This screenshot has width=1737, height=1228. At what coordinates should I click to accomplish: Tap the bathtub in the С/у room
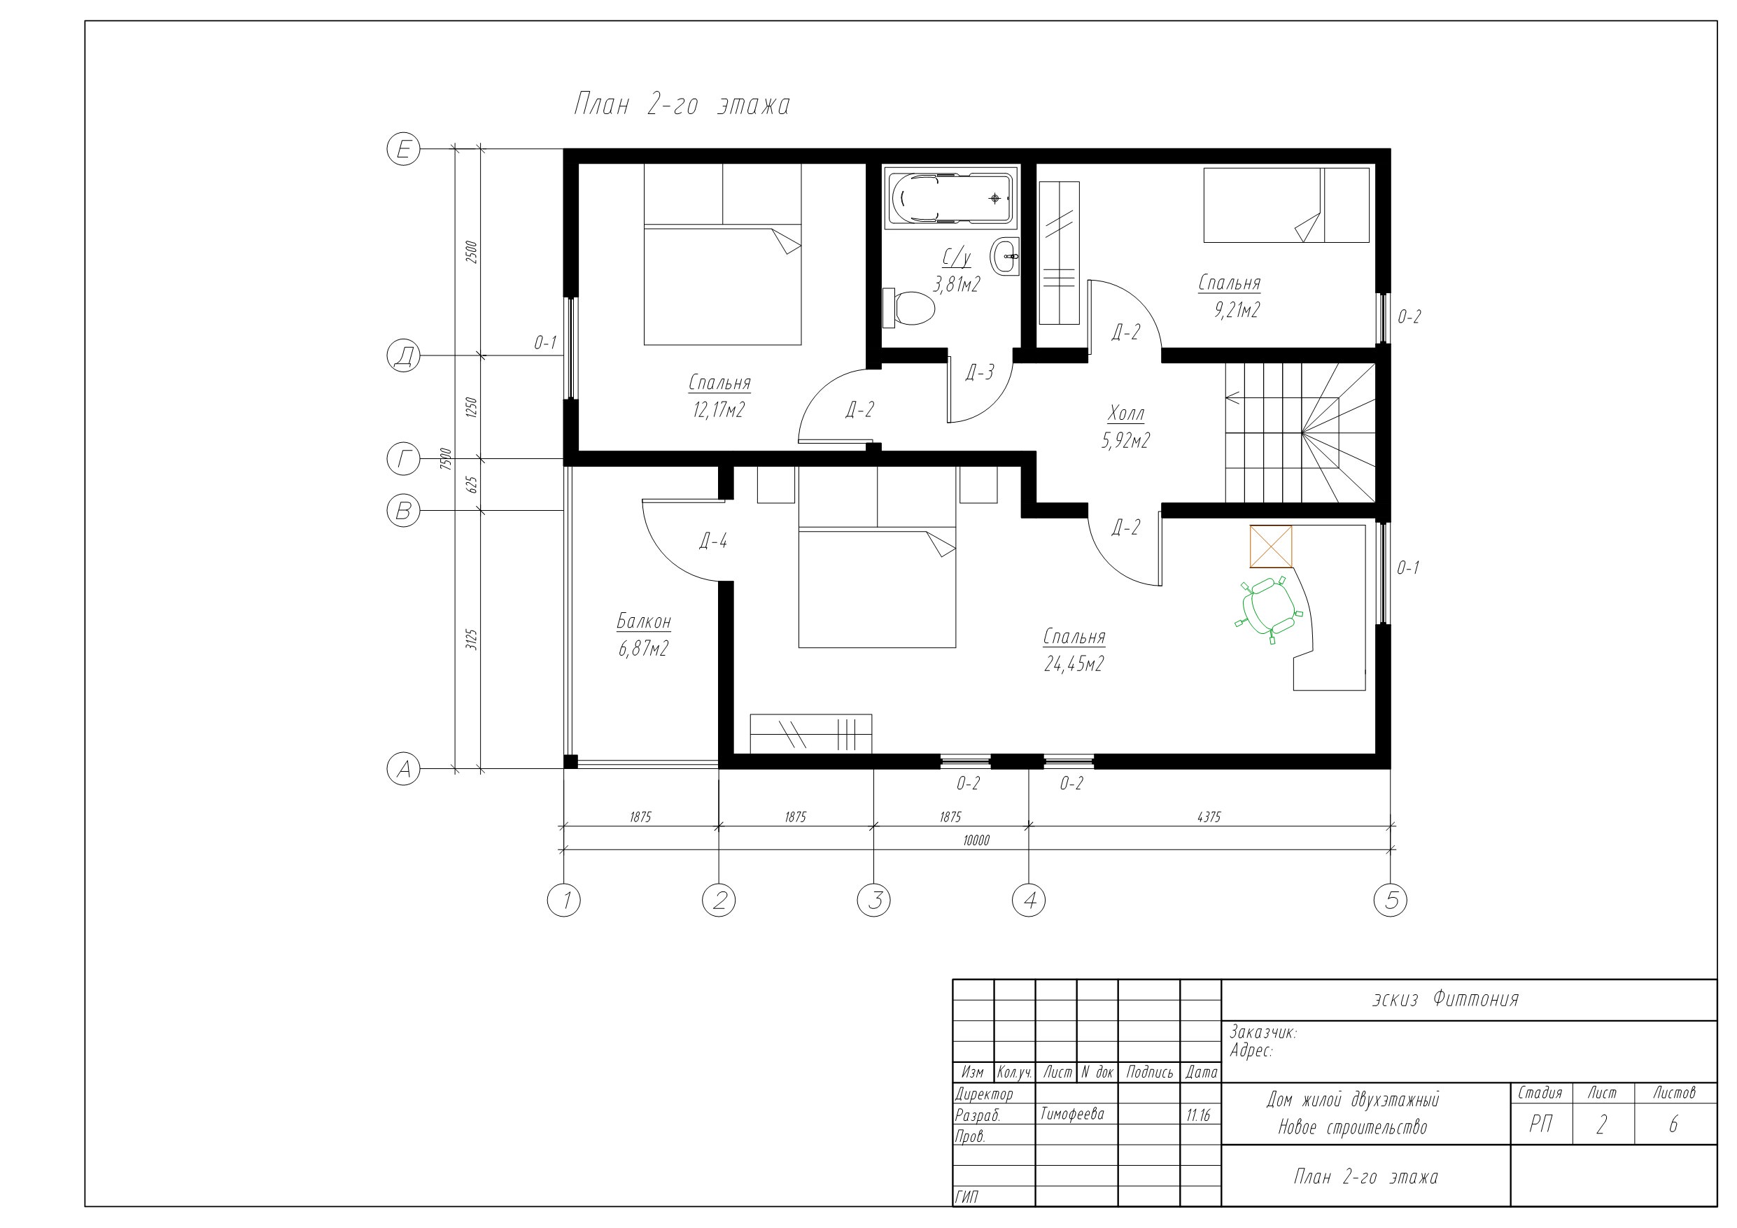(x=951, y=198)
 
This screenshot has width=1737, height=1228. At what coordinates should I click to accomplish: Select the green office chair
(x=1270, y=609)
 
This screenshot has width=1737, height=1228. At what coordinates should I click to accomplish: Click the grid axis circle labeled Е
(x=403, y=149)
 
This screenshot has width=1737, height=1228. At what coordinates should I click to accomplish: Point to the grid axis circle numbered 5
(x=1391, y=901)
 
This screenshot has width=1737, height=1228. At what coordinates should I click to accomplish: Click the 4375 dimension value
(x=1209, y=817)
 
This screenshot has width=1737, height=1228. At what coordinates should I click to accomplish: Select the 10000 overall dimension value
(x=976, y=840)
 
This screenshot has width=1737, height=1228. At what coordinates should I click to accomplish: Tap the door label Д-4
(x=712, y=541)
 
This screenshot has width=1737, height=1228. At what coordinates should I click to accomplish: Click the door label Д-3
(x=980, y=372)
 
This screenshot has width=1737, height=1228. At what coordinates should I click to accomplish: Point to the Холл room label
(x=1126, y=414)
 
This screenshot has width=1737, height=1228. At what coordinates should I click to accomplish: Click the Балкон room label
(x=644, y=622)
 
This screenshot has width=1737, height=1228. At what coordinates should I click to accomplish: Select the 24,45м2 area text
(x=1074, y=664)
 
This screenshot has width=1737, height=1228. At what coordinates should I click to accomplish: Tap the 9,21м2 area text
(x=1237, y=310)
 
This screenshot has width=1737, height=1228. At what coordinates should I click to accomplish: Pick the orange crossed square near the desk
(x=1271, y=546)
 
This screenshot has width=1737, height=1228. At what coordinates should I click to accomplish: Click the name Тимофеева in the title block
(x=1072, y=1115)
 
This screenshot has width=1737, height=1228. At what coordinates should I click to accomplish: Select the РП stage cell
(x=1541, y=1125)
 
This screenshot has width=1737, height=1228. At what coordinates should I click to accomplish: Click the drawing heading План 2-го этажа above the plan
(x=682, y=104)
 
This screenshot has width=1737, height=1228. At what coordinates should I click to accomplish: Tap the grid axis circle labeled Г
(x=403, y=459)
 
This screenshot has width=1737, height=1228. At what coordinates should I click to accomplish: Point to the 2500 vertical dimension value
(x=471, y=252)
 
